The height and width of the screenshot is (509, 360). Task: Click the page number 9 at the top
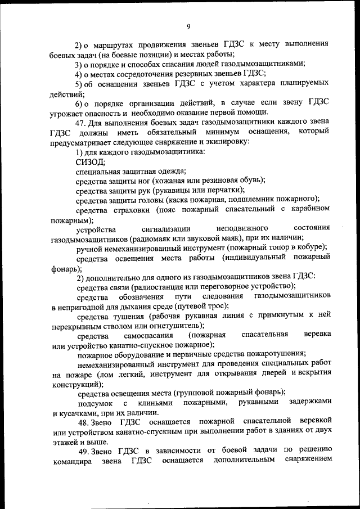click(188, 25)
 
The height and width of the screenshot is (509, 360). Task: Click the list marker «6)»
click(80, 103)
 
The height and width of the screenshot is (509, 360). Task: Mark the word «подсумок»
click(94, 403)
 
